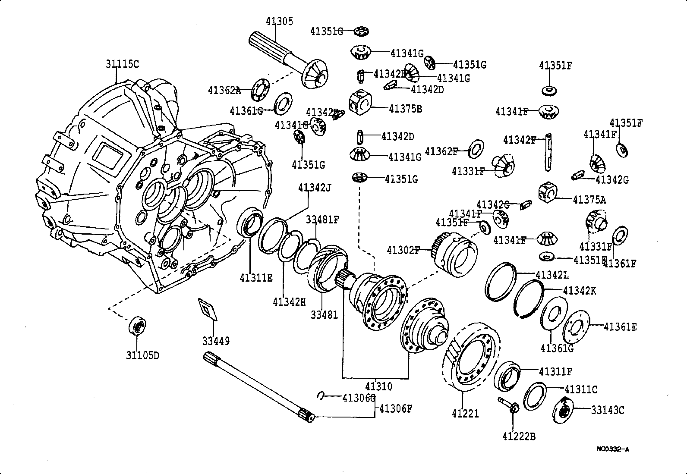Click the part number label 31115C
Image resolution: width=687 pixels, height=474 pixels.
pyautogui.click(x=123, y=64)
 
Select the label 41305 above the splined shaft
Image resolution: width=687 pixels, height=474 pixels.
pyautogui.click(x=279, y=22)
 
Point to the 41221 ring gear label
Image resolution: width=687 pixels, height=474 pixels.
pyautogui.click(x=465, y=414)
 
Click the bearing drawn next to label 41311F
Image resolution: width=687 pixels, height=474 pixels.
pyautogui.click(x=508, y=375)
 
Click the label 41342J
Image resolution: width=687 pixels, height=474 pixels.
pyautogui.click(x=315, y=188)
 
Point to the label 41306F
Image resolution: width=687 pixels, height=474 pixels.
pyautogui.click(x=395, y=408)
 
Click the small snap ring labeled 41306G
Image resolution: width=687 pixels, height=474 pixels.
pyautogui.click(x=321, y=396)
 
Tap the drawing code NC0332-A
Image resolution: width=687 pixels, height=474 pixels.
pyautogui.click(x=613, y=449)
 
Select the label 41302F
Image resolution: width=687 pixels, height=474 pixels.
pyautogui.click(x=403, y=250)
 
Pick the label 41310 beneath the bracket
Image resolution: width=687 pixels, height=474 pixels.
pyautogui.click(x=378, y=386)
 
